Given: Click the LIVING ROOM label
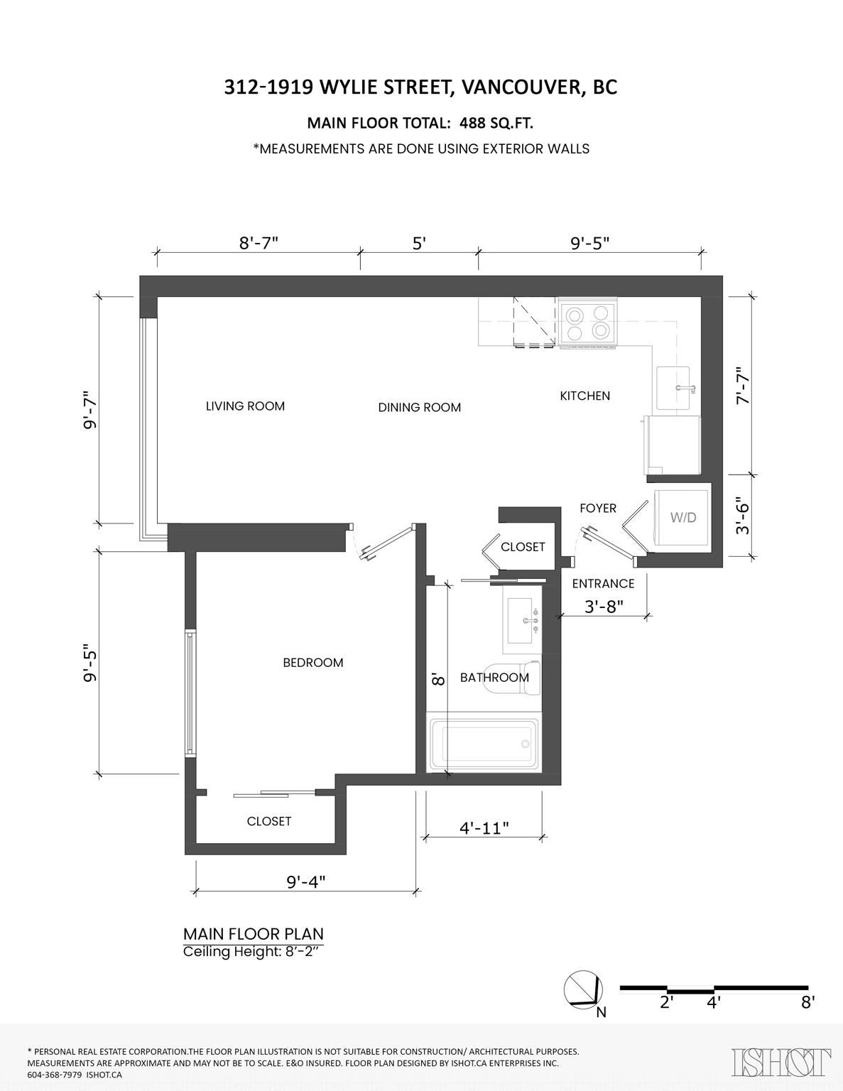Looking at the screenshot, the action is pos(246,406).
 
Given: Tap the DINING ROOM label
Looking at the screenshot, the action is pos(420,407).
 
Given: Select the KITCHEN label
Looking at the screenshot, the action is pos(585,396).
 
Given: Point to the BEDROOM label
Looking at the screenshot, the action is pos(313,662).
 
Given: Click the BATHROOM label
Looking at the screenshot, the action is pos(495,678).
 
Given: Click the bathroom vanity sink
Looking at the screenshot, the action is pos(523,620).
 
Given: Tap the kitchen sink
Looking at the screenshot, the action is pos(674,388).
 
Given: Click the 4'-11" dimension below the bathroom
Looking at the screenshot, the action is pos(484,827).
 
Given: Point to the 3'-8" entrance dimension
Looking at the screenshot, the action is pos(604,607).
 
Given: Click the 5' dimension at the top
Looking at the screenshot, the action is pos(419,244).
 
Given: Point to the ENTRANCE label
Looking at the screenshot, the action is pos(603,583).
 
